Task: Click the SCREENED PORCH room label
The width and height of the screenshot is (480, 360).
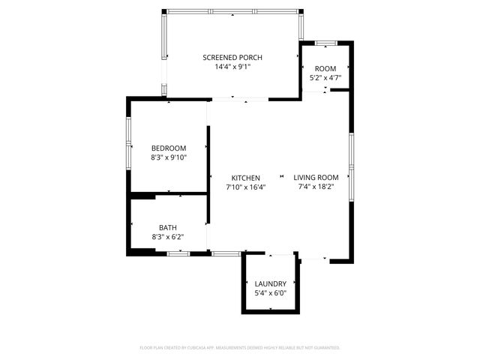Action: pos(232,58)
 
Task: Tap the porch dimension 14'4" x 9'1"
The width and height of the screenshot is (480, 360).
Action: pos(232,67)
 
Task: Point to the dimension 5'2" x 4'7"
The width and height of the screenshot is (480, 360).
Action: pos(325,77)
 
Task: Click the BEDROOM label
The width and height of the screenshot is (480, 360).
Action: pos(168,148)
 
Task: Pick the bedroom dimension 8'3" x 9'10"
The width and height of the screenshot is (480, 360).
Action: pos(168,157)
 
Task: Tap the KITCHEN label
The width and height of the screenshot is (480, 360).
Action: pos(245,177)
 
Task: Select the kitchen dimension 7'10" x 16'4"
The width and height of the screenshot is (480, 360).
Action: pos(245,187)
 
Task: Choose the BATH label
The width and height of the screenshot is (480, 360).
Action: pos(168,227)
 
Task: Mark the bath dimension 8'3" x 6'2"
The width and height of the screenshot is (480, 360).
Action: pos(168,237)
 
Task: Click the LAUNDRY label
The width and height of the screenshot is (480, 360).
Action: pos(270,283)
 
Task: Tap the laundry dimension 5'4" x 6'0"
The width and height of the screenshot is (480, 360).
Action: pos(270,292)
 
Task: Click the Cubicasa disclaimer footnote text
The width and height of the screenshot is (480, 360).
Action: pos(240,348)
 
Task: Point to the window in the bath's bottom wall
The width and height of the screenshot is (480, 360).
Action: pos(178,254)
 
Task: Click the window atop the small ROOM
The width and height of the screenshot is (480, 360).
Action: pos(325,42)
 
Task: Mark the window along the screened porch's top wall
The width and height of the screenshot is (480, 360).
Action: pos(232,10)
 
